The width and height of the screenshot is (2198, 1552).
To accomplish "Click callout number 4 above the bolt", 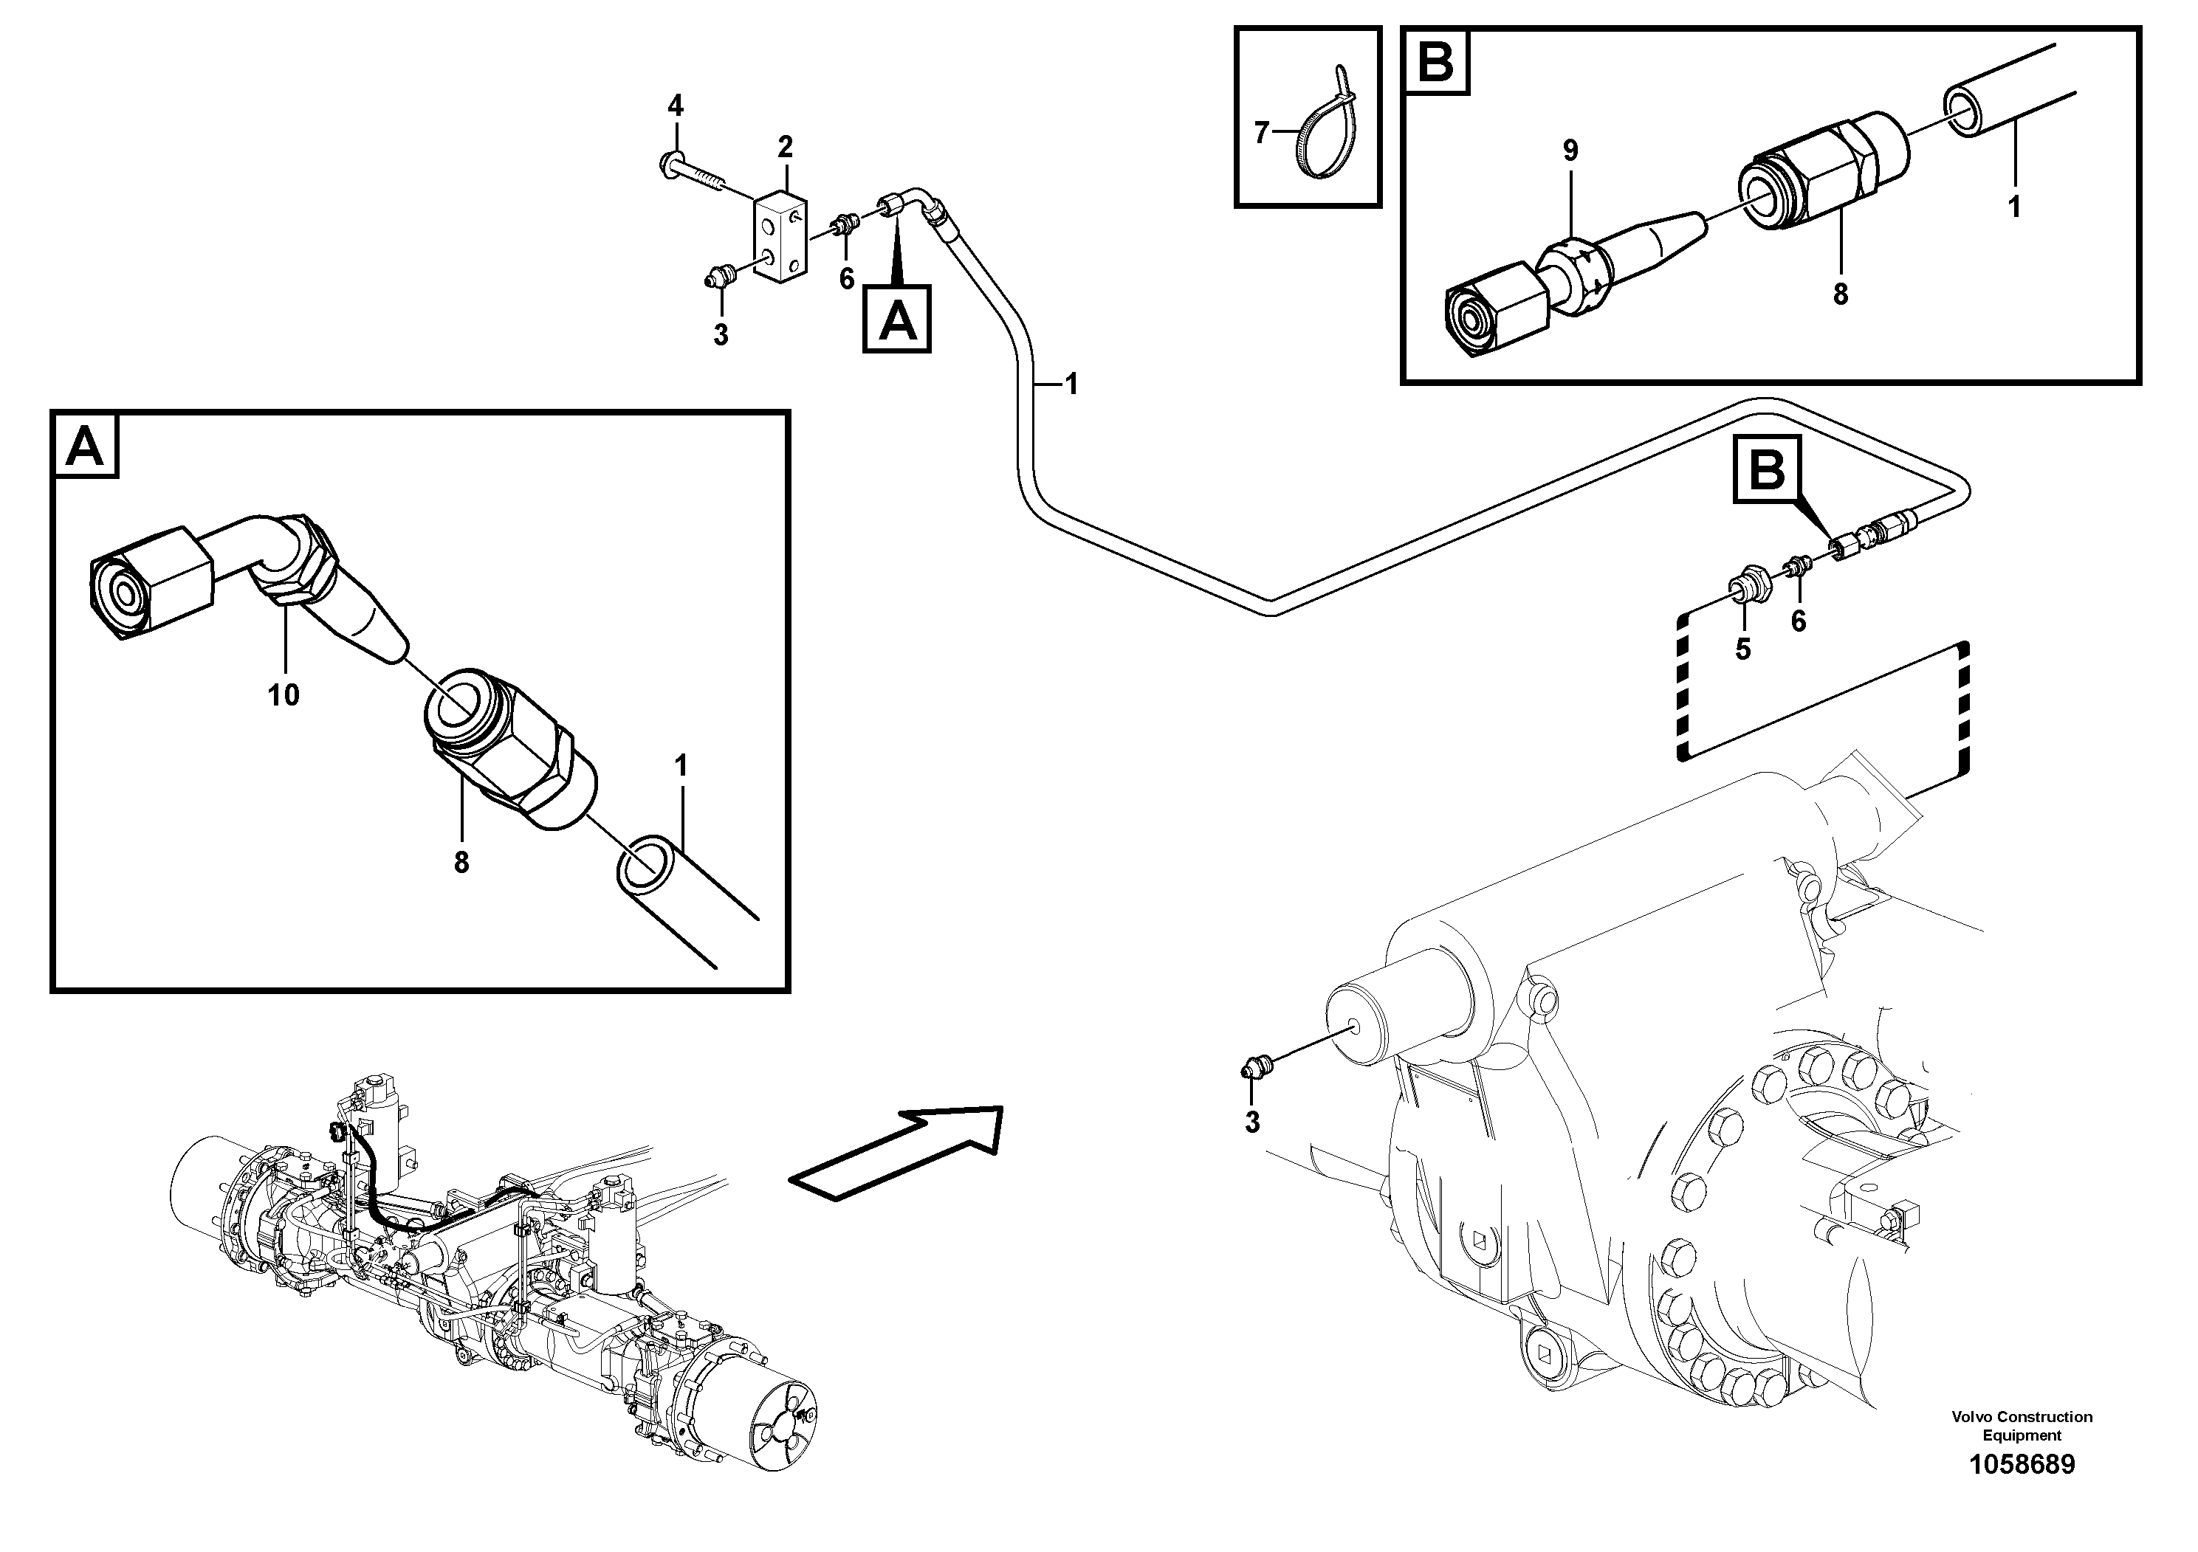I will tap(676, 106).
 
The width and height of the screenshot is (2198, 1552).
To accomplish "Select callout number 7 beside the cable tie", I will tap(1261, 133).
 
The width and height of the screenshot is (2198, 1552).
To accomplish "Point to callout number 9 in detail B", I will tap(1570, 151).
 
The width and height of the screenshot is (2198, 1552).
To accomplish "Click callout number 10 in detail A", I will tap(284, 694).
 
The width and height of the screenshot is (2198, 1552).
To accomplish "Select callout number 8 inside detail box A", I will tap(461, 862).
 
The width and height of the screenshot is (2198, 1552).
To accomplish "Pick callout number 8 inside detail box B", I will tap(1840, 294).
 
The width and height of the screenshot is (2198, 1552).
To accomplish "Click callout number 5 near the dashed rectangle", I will tap(1742, 649).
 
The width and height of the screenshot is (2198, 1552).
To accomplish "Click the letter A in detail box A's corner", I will tap(85, 446).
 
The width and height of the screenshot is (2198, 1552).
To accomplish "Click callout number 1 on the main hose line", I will tap(1071, 384).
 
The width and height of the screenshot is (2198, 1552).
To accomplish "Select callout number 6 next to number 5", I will tap(1798, 622).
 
